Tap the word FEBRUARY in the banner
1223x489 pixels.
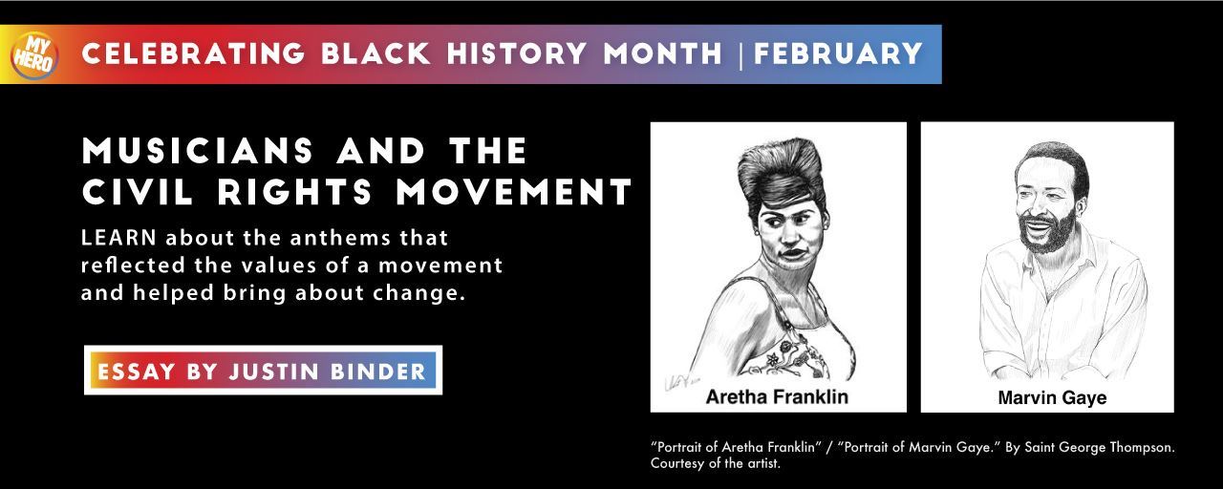point(838,53)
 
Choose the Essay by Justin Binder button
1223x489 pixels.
point(263,371)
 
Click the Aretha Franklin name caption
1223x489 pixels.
point(777,395)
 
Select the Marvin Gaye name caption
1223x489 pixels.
point(1052,397)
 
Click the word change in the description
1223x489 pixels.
point(427,290)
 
